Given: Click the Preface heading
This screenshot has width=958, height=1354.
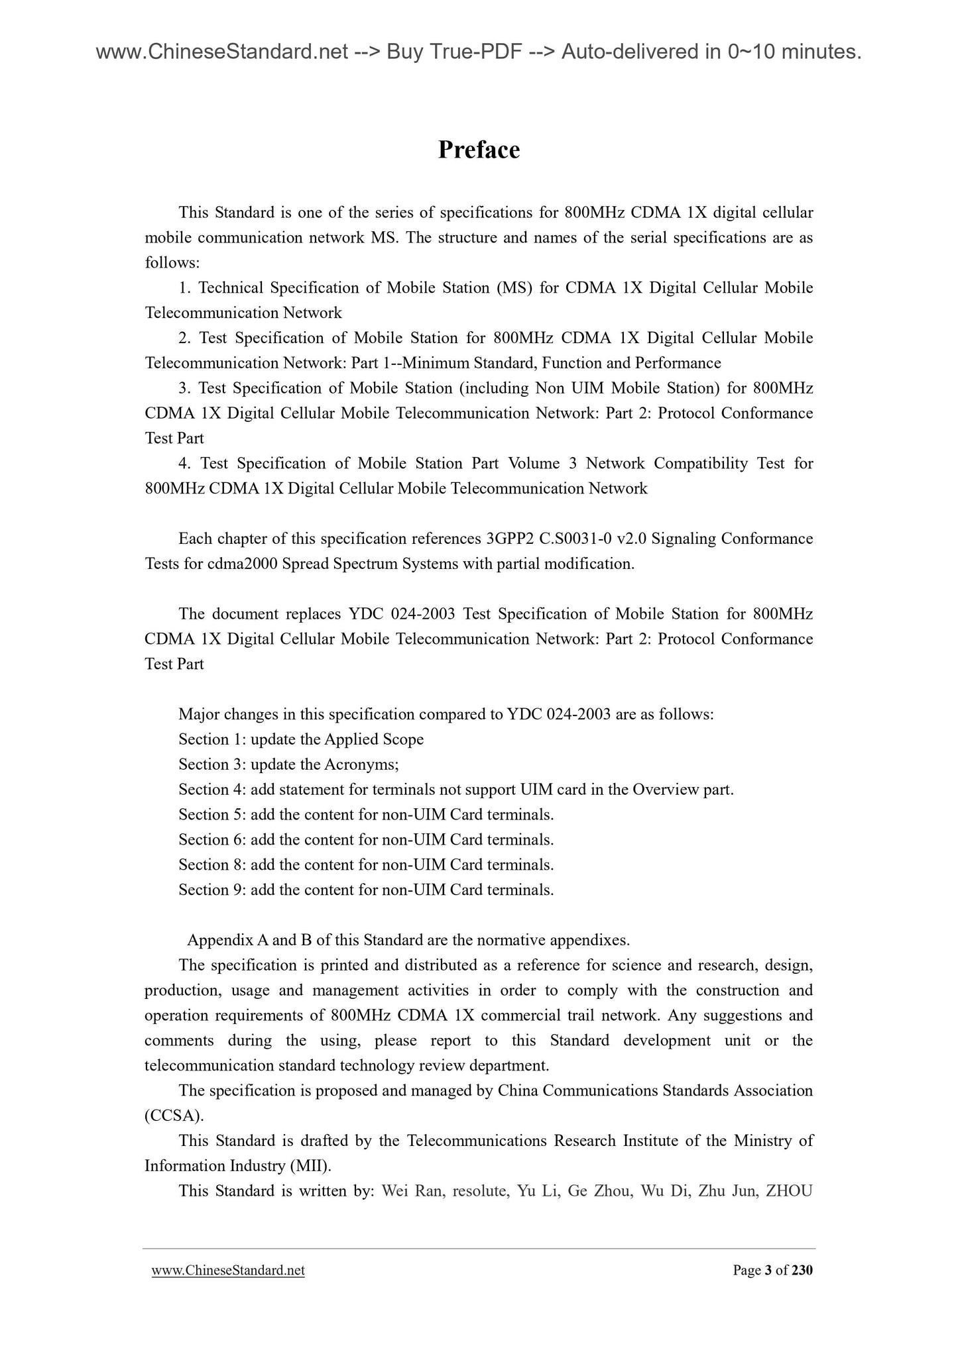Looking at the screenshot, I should click(x=479, y=150).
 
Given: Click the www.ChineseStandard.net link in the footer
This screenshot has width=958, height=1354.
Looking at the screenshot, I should click(x=228, y=1270).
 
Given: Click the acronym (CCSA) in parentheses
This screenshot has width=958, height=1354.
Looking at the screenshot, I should click(x=174, y=1116).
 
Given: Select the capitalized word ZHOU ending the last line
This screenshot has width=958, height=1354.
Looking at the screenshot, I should click(x=788, y=1190).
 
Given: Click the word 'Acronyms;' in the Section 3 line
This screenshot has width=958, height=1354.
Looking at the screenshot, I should click(x=361, y=764).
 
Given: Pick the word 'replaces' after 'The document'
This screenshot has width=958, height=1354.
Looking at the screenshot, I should click(x=313, y=614).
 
